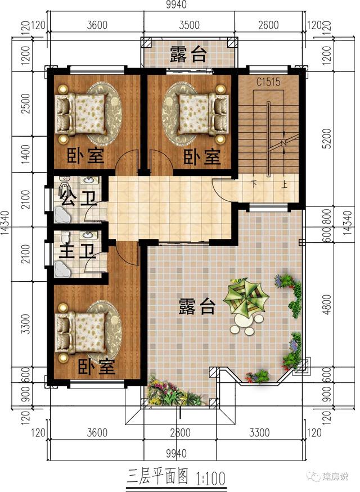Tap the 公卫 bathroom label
[76, 198]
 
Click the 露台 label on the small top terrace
[188, 54]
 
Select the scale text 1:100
[210, 479]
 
